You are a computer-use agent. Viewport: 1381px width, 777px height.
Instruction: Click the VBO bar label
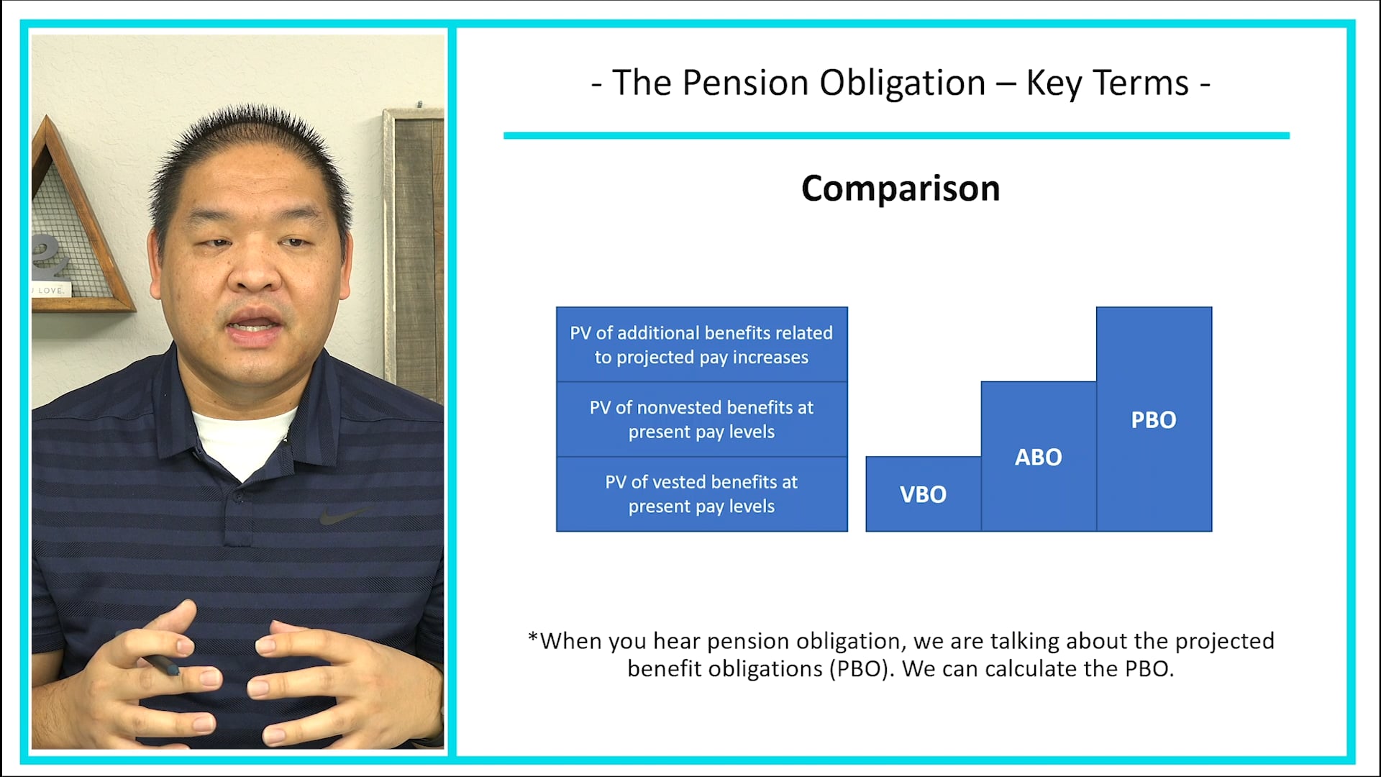click(923, 494)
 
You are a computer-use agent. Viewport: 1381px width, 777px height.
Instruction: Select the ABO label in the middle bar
click(1038, 457)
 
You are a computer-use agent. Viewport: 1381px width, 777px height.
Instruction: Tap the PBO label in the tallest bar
click(1153, 419)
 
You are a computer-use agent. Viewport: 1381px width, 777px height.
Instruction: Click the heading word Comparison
click(901, 188)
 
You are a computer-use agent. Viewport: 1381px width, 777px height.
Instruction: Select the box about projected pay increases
click(701, 345)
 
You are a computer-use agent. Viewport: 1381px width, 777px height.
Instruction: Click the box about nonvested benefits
click(701, 419)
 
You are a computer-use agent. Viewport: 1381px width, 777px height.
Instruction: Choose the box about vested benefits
click(701, 494)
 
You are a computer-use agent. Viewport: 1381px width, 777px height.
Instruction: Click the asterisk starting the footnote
click(533, 637)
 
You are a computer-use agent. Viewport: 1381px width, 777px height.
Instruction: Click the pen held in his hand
click(160, 663)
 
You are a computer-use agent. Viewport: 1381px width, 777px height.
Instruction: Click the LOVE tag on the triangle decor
click(50, 290)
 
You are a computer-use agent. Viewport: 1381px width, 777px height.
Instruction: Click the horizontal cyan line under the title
click(896, 135)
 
